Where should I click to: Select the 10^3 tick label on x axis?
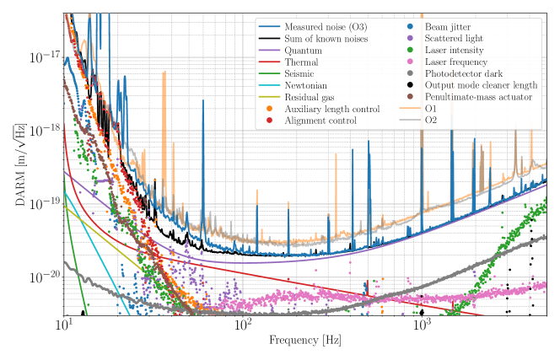tap(422, 325)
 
